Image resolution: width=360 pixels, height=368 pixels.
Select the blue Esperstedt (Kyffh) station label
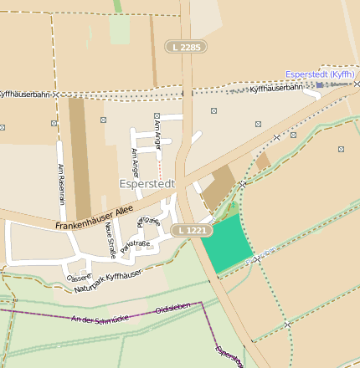point(320,74)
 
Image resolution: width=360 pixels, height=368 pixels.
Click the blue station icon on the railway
point(319,84)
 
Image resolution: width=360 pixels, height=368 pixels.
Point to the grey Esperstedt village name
point(147,181)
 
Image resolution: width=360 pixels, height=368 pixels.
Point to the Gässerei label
point(79,277)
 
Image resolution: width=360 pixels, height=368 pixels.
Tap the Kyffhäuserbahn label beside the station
point(276,88)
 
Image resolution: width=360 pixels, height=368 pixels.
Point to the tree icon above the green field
point(234,207)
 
